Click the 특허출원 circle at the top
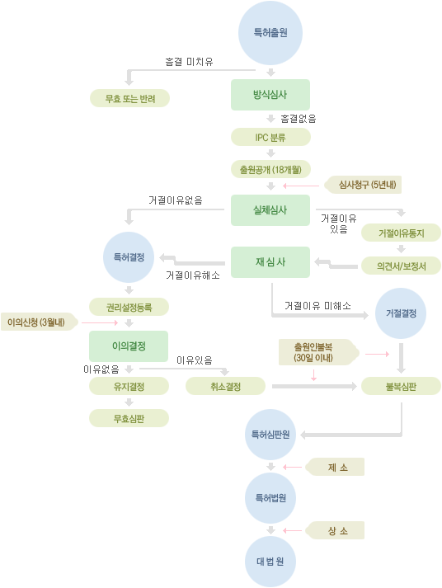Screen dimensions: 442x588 click(270, 33)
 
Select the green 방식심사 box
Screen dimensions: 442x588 click(270, 95)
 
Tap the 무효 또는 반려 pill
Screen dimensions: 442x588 click(129, 98)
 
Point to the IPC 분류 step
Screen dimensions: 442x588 click(270, 137)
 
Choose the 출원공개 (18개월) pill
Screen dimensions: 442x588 click(270, 170)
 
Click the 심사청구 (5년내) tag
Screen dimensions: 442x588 click(363, 185)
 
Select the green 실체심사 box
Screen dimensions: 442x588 click(270, 210)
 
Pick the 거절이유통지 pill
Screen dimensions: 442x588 click(401, 233)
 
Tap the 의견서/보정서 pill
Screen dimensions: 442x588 click(401, 266)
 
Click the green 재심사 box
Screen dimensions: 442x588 click(270, 262)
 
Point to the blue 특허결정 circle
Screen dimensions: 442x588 click(129, 257)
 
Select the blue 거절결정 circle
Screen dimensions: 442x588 click(401, 313)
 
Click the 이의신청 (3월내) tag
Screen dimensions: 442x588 click(40, 322)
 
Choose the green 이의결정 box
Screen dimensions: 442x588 click(129, 346)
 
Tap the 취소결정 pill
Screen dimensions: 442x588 click(225, 386)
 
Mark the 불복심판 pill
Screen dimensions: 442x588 click(401, 386)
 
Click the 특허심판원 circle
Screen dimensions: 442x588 click(270, 435)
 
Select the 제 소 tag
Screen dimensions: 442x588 click(335, 467)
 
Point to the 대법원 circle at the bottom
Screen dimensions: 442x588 click(270, 562)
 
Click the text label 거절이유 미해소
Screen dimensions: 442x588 click(318, 306)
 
